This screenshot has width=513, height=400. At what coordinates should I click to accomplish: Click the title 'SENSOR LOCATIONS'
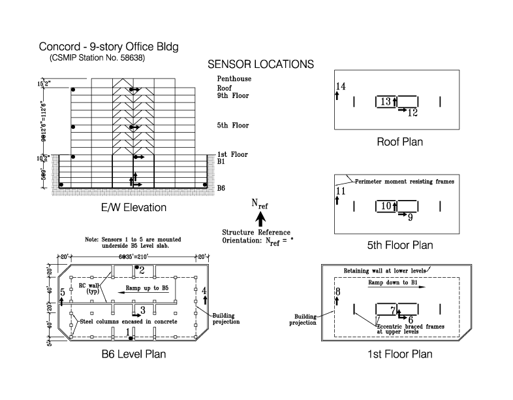pos(260,65)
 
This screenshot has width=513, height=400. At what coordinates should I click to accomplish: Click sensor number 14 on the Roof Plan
pos(341,87)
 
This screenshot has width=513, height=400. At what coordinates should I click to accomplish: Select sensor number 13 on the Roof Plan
pos(385,101)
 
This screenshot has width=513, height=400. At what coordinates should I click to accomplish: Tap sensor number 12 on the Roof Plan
pos(412,112)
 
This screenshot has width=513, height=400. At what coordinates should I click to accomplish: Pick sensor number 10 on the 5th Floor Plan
pos(386,206)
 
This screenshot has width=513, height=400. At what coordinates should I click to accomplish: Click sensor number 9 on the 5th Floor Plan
pos(410,217)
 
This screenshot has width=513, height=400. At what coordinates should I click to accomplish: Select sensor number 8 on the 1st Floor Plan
pos(337,292)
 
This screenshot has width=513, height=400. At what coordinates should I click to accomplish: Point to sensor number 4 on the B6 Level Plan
pos(204,290)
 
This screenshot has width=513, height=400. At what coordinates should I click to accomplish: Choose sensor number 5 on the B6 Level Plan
pos(62,292)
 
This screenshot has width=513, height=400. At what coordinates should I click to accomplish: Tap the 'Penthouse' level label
pos(234,79)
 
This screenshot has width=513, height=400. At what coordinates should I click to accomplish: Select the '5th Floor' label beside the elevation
pos(233,125)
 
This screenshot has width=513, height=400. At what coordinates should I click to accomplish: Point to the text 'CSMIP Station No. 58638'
pos(97,58)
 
